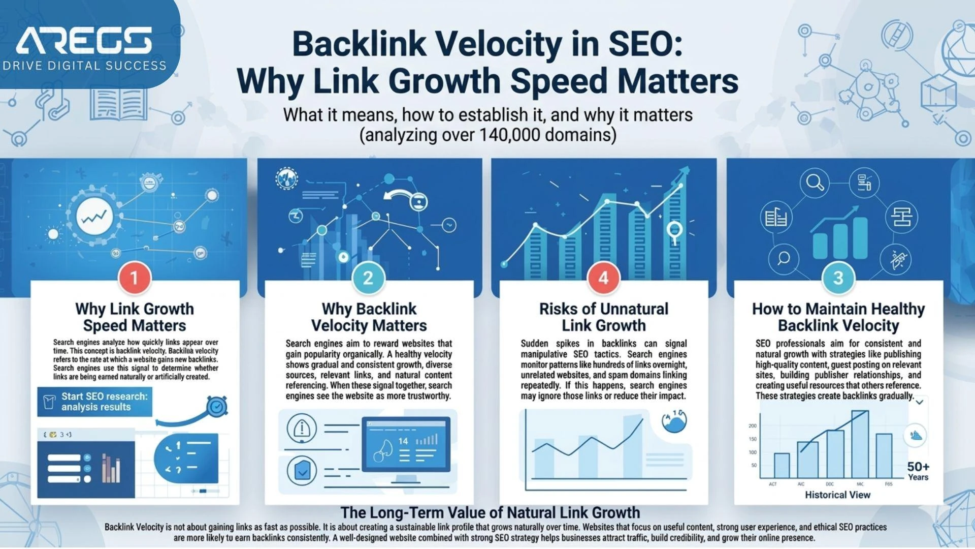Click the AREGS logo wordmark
pyautogui.click(x=84, y=41)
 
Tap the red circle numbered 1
pyautogui.click(x=134, y=278)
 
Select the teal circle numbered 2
pyautogui.click(x=368, y=278)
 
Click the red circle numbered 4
pyautogui.click(x=603, y=278)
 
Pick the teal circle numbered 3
pyautogui.click(x=838, y=278)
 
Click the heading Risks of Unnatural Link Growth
pyautogui.click(x=603, y=317)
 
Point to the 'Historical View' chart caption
pyautogui.click(x=837, y=495)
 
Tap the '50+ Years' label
pyautogui.click(x=918, y=471)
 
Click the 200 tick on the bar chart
pyautogui.click(x=753, y=426)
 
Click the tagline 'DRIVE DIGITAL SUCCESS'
pyautogui.click(x=84, y=66)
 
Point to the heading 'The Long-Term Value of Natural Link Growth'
pyautogui.click(x=490, y=512)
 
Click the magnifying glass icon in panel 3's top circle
pyautogui.click(x=815, y=182)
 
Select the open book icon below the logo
pyautogui.click(x=118, y=104)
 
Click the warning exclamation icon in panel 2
pyautogui.click(x=302, y=428)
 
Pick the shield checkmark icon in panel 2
pyautogui.click(x=302, y=471)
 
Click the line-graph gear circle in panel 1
pyautogui.click(x=94, y=217)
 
